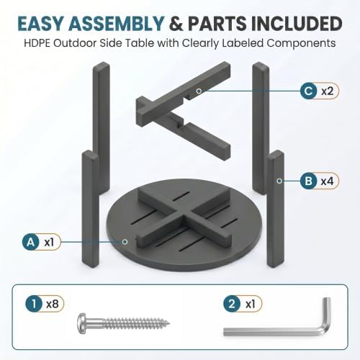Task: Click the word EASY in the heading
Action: point(41,24)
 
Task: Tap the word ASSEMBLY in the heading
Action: point(116,24)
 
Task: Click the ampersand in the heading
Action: point(177,24)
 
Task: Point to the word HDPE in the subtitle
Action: point(37,43)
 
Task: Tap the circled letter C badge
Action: point(309,91)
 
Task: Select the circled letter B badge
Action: point(309,181)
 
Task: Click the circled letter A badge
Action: point(31,242)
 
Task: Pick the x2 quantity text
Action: point(328,91)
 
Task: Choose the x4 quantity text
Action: point(328,181)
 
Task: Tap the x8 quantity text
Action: point(53,304)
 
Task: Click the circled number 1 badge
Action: point(34,304)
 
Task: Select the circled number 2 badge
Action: point(232,304)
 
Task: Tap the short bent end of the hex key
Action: point(327,312)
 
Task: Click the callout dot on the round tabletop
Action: point(125,241)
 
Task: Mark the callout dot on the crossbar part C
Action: point(199,91)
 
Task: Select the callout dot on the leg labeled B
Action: point(279,181)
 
